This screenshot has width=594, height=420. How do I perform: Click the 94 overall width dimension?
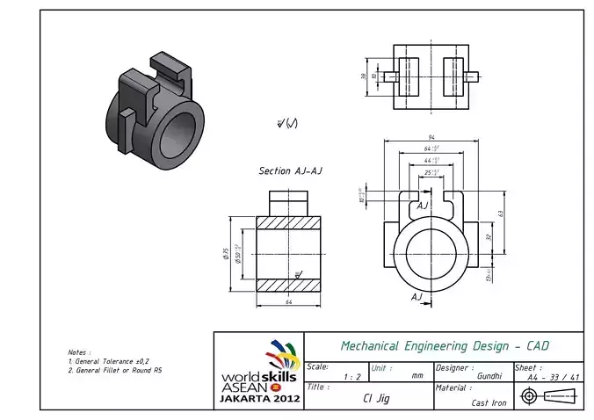coord(431,138)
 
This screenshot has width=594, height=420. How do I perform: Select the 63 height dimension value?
coord(499,213)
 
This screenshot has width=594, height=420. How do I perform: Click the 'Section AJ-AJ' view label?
coord(290,170)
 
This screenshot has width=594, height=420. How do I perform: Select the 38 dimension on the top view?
coord(364,76)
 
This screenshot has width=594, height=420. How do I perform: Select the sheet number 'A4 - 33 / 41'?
coord(553,377)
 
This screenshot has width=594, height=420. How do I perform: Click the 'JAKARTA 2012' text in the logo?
coord(259,398)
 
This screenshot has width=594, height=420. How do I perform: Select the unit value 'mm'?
coord(417,375)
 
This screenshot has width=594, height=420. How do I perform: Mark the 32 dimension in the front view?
coord(488,236)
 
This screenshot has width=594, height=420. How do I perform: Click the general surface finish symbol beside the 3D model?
coord(287,123)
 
